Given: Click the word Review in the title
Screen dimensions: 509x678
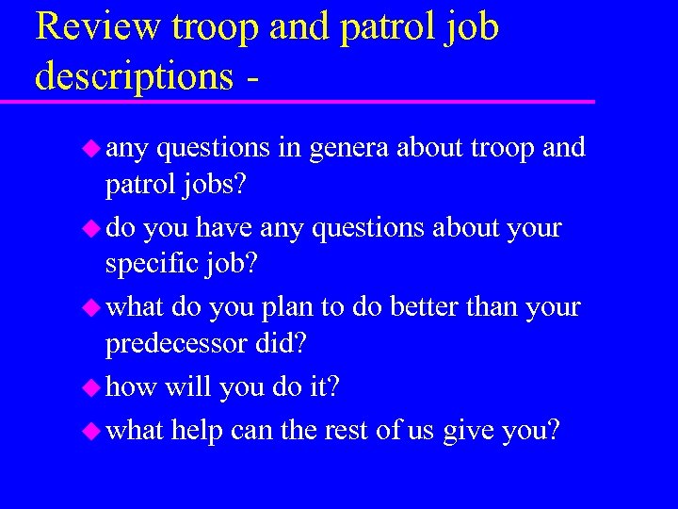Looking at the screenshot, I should pos(97,27).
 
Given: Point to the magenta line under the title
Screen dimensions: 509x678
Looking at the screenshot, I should pos(311,101).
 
